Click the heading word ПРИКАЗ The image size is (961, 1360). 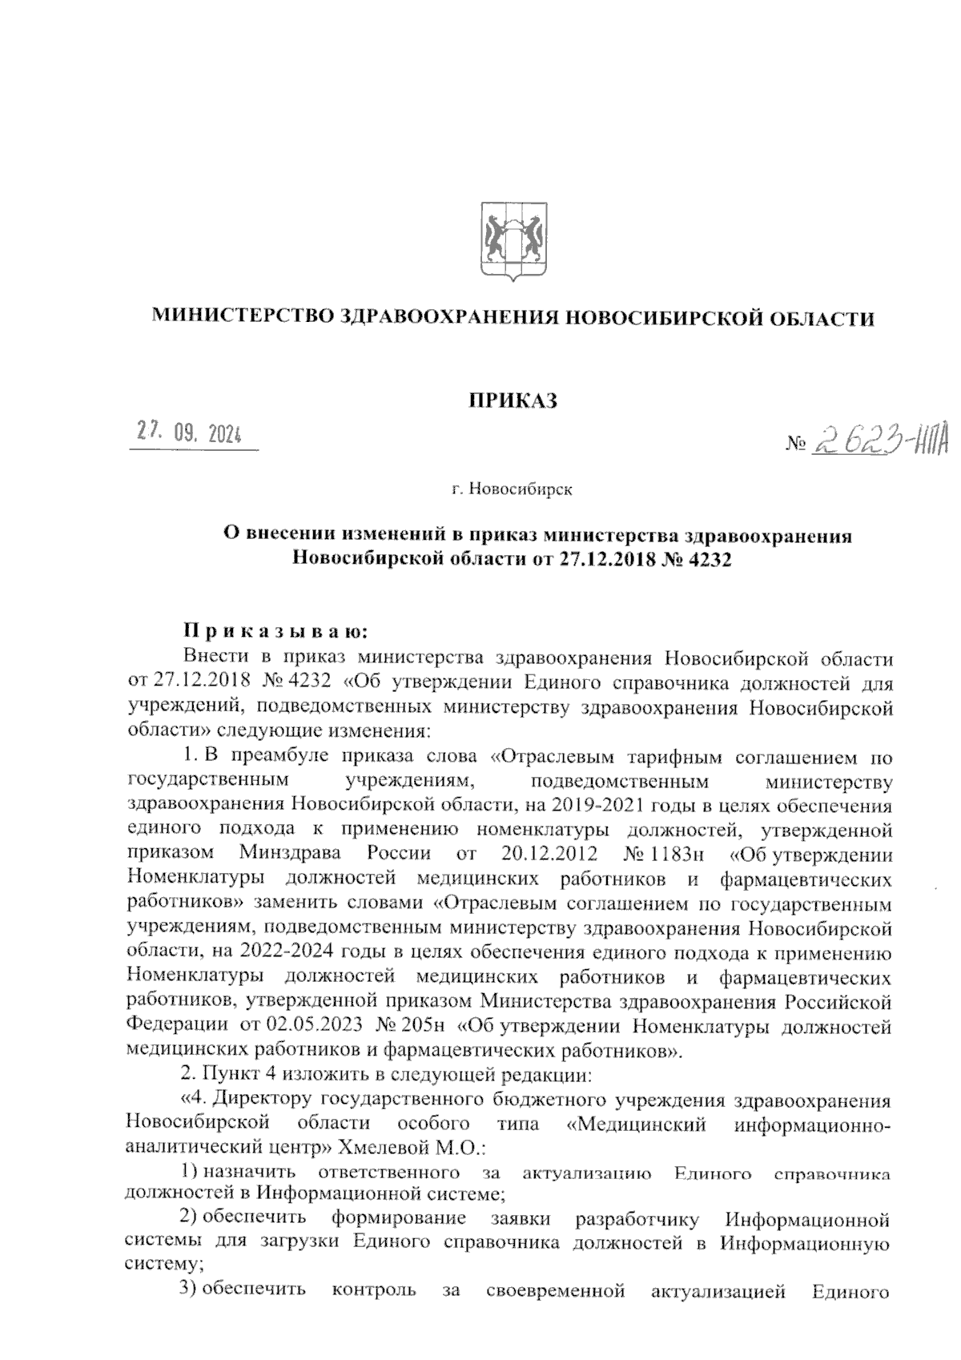[513, 400]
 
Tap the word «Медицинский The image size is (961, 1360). [635, 1124]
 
